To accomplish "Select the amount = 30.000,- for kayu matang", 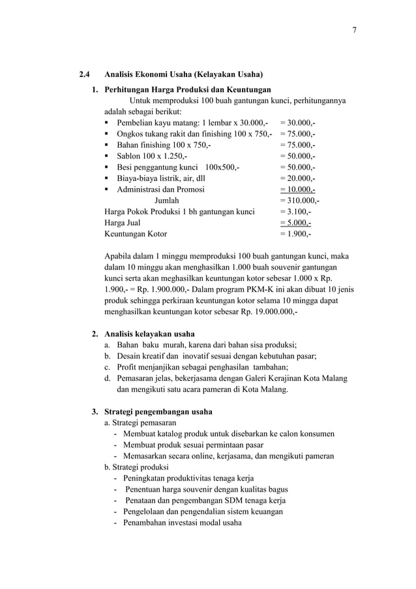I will point(297,122).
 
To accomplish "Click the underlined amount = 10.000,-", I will point(297,189).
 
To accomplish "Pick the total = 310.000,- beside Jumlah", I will point(299,200).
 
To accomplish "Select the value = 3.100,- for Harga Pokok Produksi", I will point(295,212).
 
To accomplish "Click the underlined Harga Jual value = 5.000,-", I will point(295,223).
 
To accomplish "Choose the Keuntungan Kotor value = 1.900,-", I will point(295,234).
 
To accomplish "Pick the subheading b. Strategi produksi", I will point(132,467).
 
